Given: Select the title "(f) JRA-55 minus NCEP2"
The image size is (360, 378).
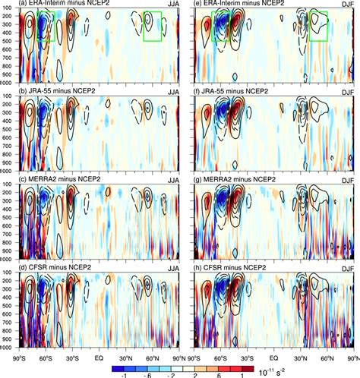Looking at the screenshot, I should [x=234, y=94].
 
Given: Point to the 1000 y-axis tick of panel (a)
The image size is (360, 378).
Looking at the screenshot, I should [x=9, y=82].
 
